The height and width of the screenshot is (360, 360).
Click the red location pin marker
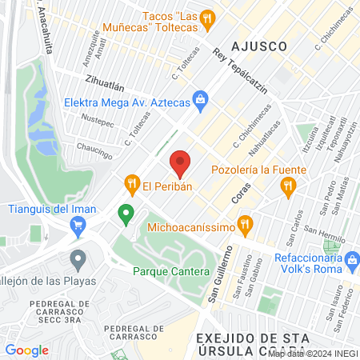(181, 163)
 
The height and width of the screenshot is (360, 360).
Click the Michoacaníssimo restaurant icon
(246, 223)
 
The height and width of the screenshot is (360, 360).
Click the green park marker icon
(125, 214)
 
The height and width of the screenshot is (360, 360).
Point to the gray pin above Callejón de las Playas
(78, 259)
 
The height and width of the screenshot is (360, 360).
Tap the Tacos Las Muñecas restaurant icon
(207, 17)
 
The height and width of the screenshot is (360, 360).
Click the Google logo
(27, 350)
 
